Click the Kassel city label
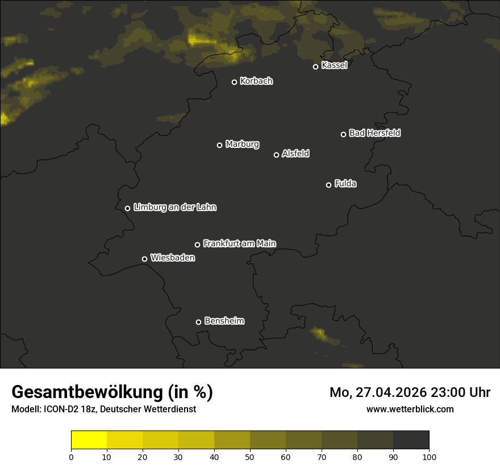(x=334, y=65)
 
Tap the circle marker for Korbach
(x=234, y=82)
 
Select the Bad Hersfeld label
(x=374, y=133)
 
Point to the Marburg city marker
(x=219, y=145)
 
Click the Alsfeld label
(x=295, y=154)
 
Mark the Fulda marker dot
(x=328, y=185)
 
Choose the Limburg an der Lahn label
(x=174, y=208)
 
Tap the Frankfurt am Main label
(x=239, y=243)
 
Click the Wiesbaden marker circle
(x=144, y=259)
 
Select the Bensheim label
(x=224, y=321)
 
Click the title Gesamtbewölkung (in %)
(x=112, y=392)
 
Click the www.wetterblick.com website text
(x=410, y=409)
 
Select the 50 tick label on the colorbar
(x=250, y=457)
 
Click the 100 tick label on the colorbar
(x=429, y=457)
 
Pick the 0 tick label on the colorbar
(x=71, y=457)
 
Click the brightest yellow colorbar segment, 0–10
(x=89, y=440)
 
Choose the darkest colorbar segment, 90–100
(x=411, y=440)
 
